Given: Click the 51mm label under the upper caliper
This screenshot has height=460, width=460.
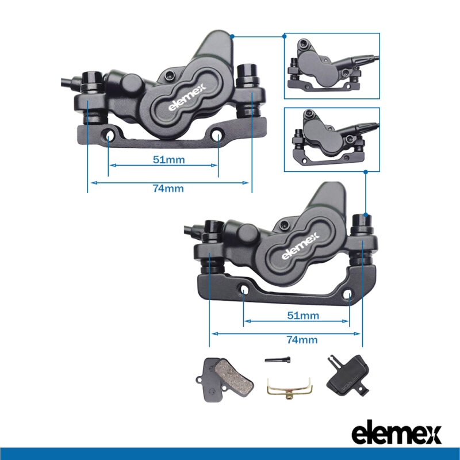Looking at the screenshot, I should (x=168, y=159).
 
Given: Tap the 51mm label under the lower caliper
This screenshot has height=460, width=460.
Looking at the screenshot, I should (x=302, y=315).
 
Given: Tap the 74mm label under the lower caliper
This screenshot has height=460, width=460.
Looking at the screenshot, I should (x=302, y=340).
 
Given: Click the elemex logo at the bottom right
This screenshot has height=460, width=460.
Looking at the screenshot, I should (x=396, y=434).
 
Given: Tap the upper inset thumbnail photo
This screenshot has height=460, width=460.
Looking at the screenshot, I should (x=332, y=66).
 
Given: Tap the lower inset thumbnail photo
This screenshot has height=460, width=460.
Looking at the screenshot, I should (x=332, y=139).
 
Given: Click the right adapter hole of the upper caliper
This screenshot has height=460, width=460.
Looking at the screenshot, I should (x=218, y=136).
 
